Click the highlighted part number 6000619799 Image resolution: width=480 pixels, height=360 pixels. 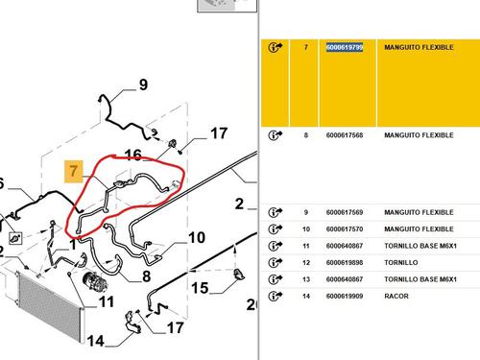[x=345, y=47]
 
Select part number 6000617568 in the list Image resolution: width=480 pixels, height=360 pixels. [x=345, y=135]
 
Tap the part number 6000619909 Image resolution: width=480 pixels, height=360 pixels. [x=345, y=296]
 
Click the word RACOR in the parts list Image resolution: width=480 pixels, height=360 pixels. [x=396, y=296]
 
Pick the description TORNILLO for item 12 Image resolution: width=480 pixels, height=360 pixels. [x=401, y=263]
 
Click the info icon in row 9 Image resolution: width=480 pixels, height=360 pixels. [x=275, y=212]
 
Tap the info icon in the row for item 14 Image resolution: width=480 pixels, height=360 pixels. [x=275, y=296]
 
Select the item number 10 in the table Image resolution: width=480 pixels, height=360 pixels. [x=306, y=229]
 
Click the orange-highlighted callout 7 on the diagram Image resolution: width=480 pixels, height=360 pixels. [x=74, y=171]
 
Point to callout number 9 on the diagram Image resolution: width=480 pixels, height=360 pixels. [x=143, y=84]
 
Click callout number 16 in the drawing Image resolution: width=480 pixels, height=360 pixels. [x=133, y=156]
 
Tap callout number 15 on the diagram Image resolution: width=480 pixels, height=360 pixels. [x=200, y=288]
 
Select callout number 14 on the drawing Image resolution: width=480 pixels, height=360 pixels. [x=96, y=341]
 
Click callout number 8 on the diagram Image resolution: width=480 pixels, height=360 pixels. [x=146, y=276]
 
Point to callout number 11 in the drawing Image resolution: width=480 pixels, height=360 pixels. [x=107, y=301]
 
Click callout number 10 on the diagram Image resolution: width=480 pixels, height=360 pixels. [x=197, y=238]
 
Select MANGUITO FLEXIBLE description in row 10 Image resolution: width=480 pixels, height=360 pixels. [x=419, y=229]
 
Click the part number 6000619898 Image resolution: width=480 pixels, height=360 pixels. [x=345, y=263]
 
